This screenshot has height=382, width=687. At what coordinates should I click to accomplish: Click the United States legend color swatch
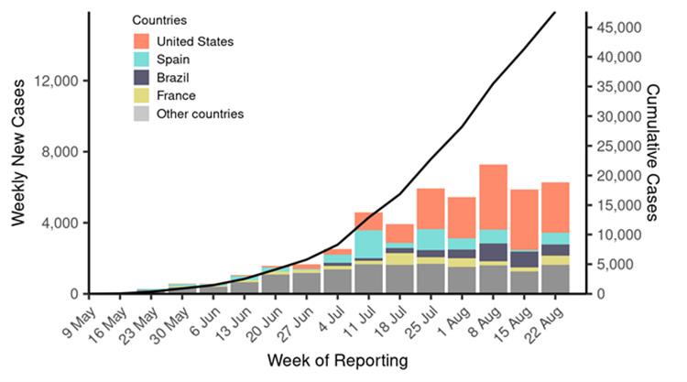coord(141,41)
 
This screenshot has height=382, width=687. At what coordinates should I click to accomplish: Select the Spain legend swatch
coord(141,60)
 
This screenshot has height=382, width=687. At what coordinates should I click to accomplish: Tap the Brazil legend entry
coord(141,78)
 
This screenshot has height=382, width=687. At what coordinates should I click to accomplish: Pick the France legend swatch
coord(141,95)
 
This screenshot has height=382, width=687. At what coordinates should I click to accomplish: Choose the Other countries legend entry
coord(141,114)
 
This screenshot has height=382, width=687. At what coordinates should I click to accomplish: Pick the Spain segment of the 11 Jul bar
coord(368,244)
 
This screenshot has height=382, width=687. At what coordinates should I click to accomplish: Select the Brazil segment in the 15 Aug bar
coord(524,259)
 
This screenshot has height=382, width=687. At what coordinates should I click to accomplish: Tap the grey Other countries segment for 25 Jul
coord(431,278)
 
